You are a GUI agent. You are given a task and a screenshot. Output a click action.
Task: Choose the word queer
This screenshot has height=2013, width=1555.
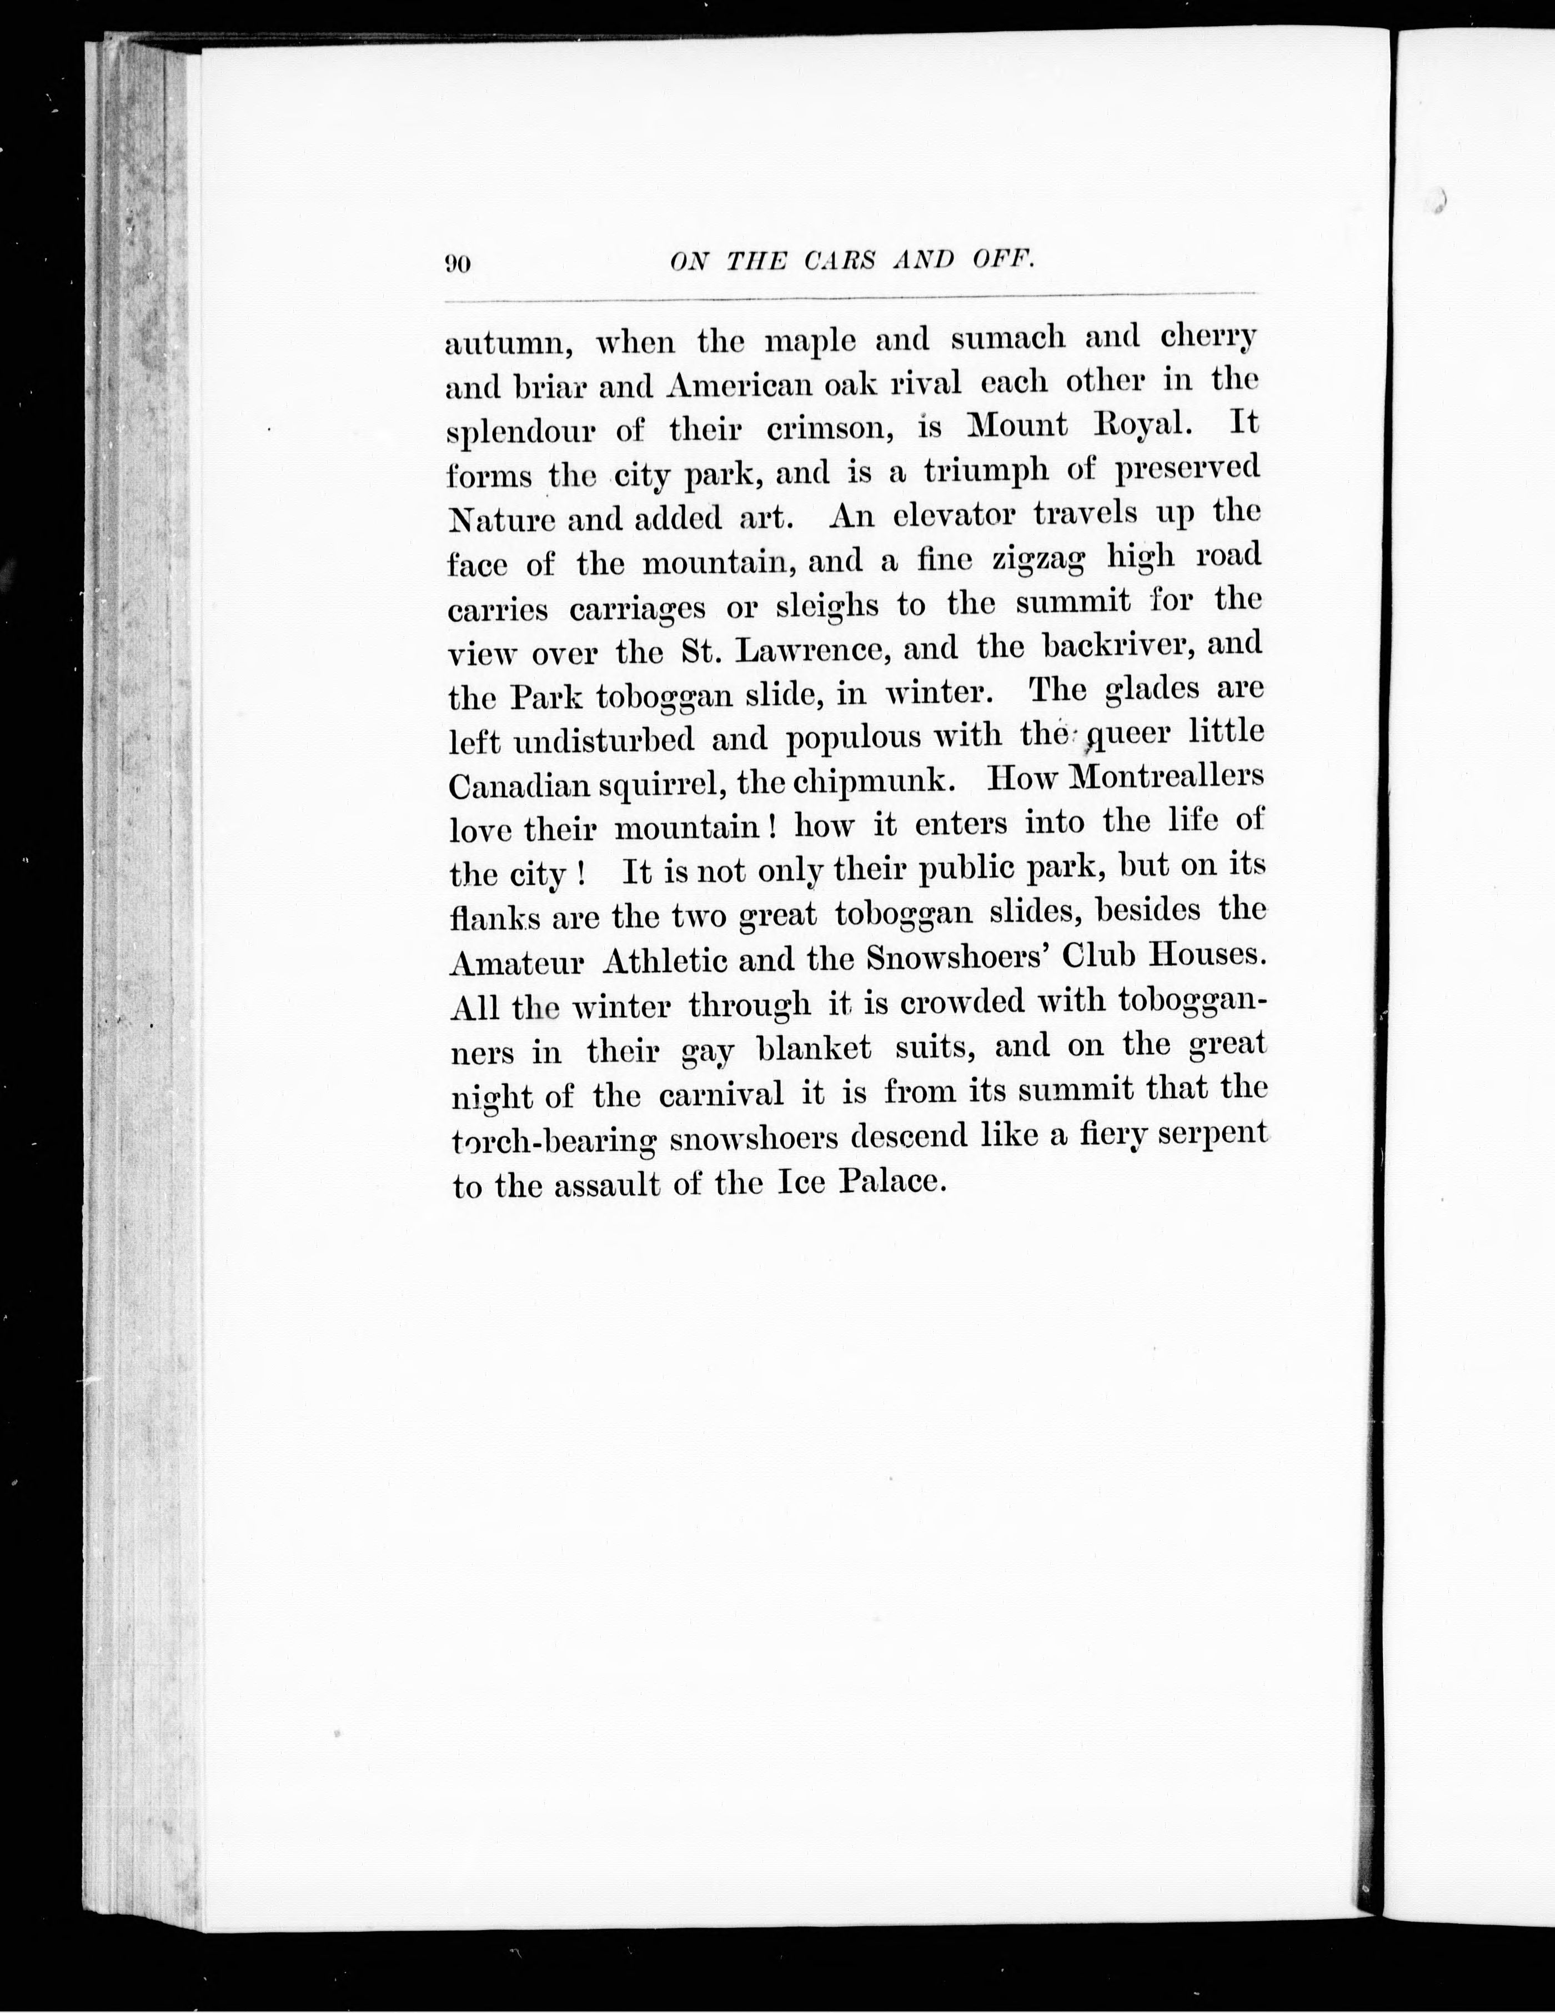[1128, 734]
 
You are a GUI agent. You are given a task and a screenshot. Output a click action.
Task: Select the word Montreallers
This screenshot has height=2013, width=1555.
[1167, 777]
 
